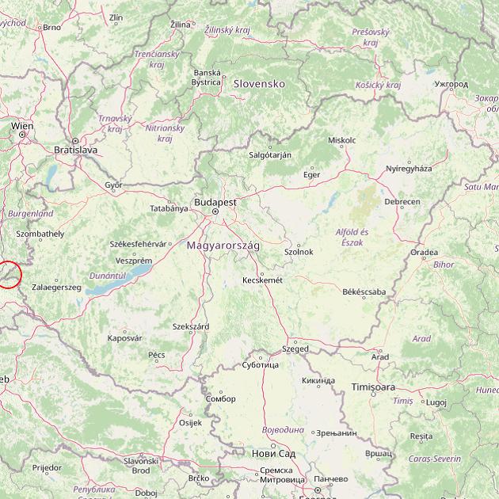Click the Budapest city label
point(215,202)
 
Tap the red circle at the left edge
point(7,274)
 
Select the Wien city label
point(22,126)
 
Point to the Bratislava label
point(75,149)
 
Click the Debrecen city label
point(402,202)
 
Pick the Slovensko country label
point(259,83)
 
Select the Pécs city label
point(157,354)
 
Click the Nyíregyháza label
point(409,169)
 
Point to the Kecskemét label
point(262,280)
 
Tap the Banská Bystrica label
point(207,77)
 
